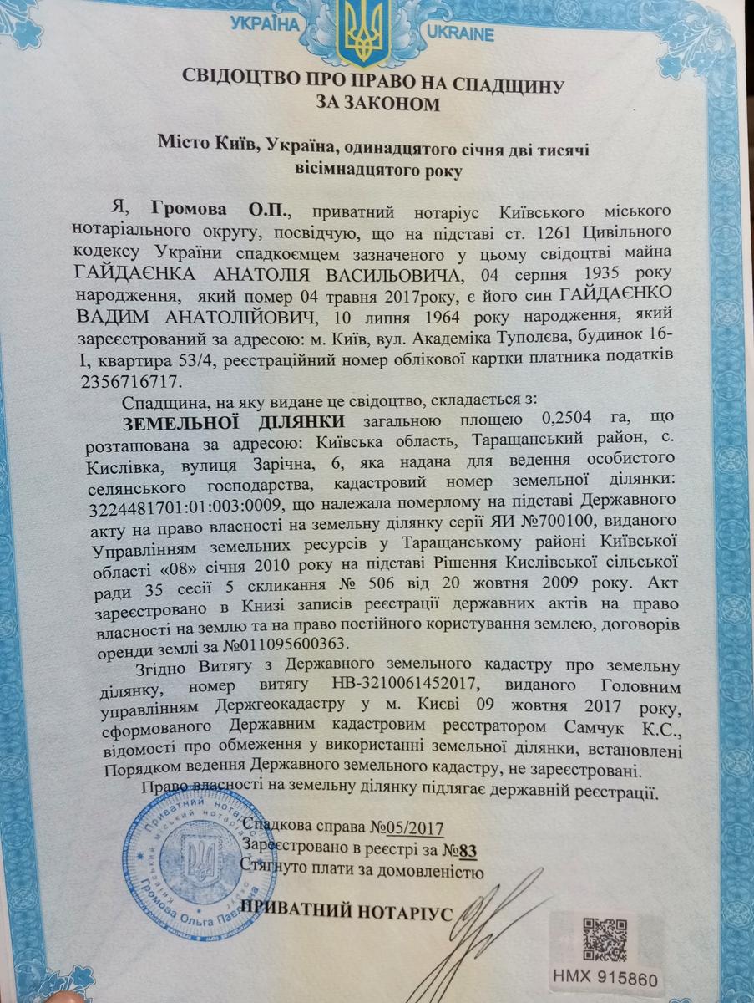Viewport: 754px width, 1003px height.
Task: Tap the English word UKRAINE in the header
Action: [x=460, y=34]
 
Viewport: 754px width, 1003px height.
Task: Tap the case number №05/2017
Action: [x=406, y=829]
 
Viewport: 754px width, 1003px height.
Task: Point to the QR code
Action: [x=605, y=938]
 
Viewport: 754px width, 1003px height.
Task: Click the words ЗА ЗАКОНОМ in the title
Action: [x=375, y=104]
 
